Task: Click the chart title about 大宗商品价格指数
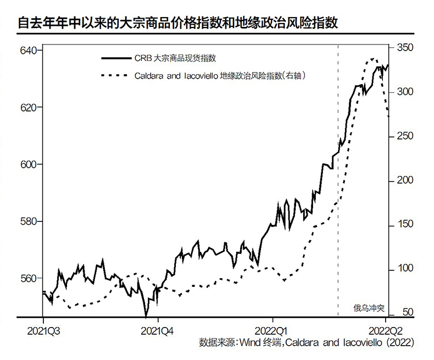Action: tap(177, 23)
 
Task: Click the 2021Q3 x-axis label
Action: tap(43, 331)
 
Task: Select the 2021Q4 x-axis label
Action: tap(158, 331)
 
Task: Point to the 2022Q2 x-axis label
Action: tap(386, 331)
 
